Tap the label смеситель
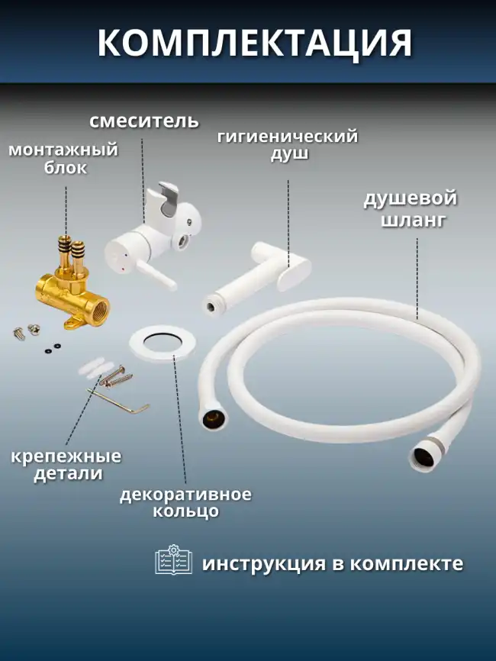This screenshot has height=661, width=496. pos(144,121)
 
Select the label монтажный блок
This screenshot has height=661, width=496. pos(63,158)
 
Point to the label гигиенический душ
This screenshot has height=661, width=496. pos(288,145)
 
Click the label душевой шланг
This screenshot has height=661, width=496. pos(410,209)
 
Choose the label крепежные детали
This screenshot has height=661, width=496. pos(66,464)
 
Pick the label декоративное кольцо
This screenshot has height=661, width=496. pos(185,501)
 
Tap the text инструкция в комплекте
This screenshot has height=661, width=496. pos(332,563)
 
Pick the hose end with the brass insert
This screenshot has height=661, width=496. pos(211,418)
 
